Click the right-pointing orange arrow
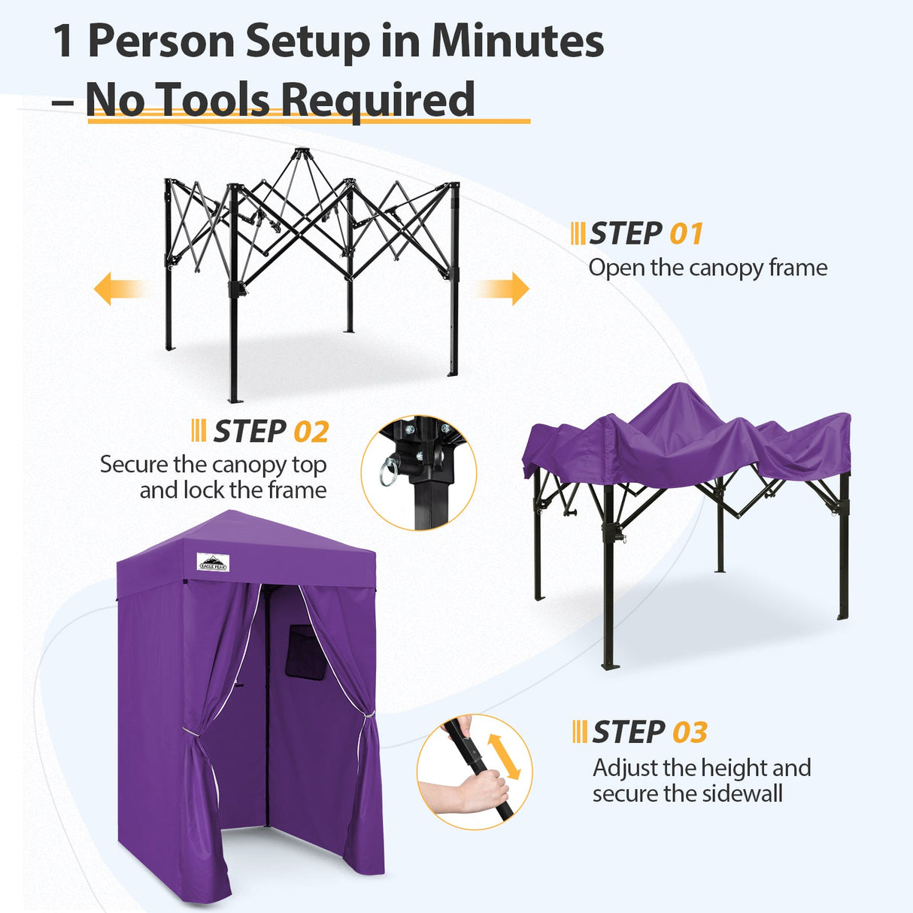(505, 289)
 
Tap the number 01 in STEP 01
(686, 234)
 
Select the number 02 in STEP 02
(311, 432)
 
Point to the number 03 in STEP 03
(690, 733)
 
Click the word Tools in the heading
(214, 100)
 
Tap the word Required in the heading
(378, 101)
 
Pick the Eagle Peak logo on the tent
(213, 562)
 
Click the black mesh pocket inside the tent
(308, 651)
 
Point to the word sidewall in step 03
(740, 793)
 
